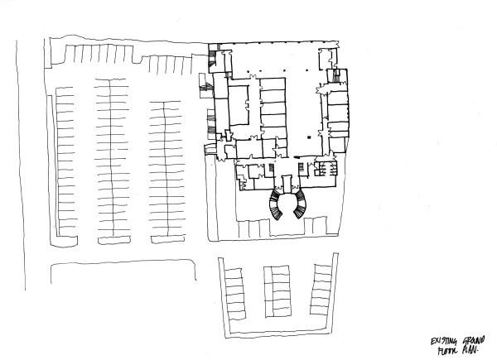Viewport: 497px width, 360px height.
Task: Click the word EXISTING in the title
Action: tap(443, 339)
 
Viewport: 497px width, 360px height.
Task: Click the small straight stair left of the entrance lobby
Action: tap(271, 170)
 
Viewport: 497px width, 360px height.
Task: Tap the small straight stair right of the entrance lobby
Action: tap(324, 170)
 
